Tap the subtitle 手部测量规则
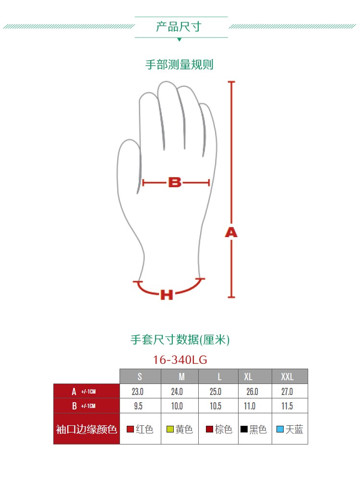179,65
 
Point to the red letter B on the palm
175,182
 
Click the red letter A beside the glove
231,233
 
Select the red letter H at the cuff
166,295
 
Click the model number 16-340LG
180,360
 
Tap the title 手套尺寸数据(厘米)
180,340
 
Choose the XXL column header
287,376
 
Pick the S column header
140,376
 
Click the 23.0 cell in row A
138,392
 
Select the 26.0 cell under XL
252,392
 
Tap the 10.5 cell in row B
216,406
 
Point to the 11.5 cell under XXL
287,406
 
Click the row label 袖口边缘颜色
86,429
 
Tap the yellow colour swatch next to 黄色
169,429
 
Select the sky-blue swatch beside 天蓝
280,429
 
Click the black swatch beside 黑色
244,429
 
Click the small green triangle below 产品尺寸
179,39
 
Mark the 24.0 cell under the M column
177,392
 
